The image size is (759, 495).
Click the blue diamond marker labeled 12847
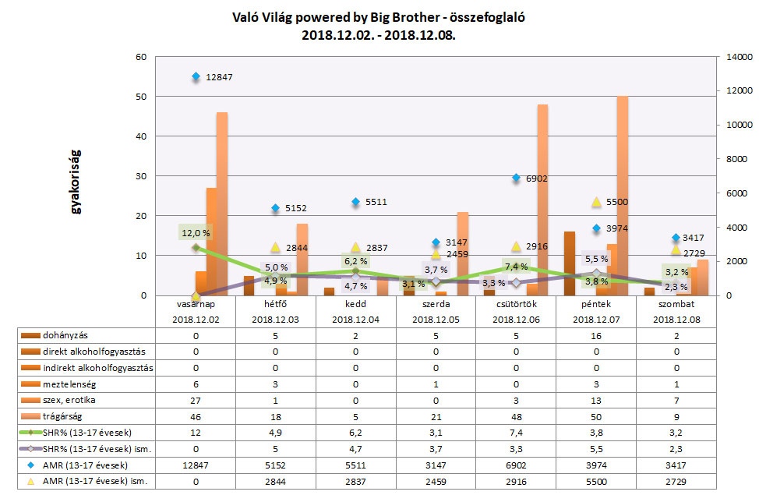coord(196,76)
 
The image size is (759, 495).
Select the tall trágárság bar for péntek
coord(622,195)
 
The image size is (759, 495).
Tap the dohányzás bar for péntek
coord(570,263)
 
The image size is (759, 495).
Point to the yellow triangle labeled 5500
coord(596,202)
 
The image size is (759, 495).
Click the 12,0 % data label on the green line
coord(196,232)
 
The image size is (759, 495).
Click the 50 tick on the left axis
coord(141,97)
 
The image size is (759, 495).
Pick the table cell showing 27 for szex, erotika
coord(196,399)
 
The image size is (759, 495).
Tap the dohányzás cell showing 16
coord(595,335)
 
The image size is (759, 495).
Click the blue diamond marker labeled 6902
coord(516,178)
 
